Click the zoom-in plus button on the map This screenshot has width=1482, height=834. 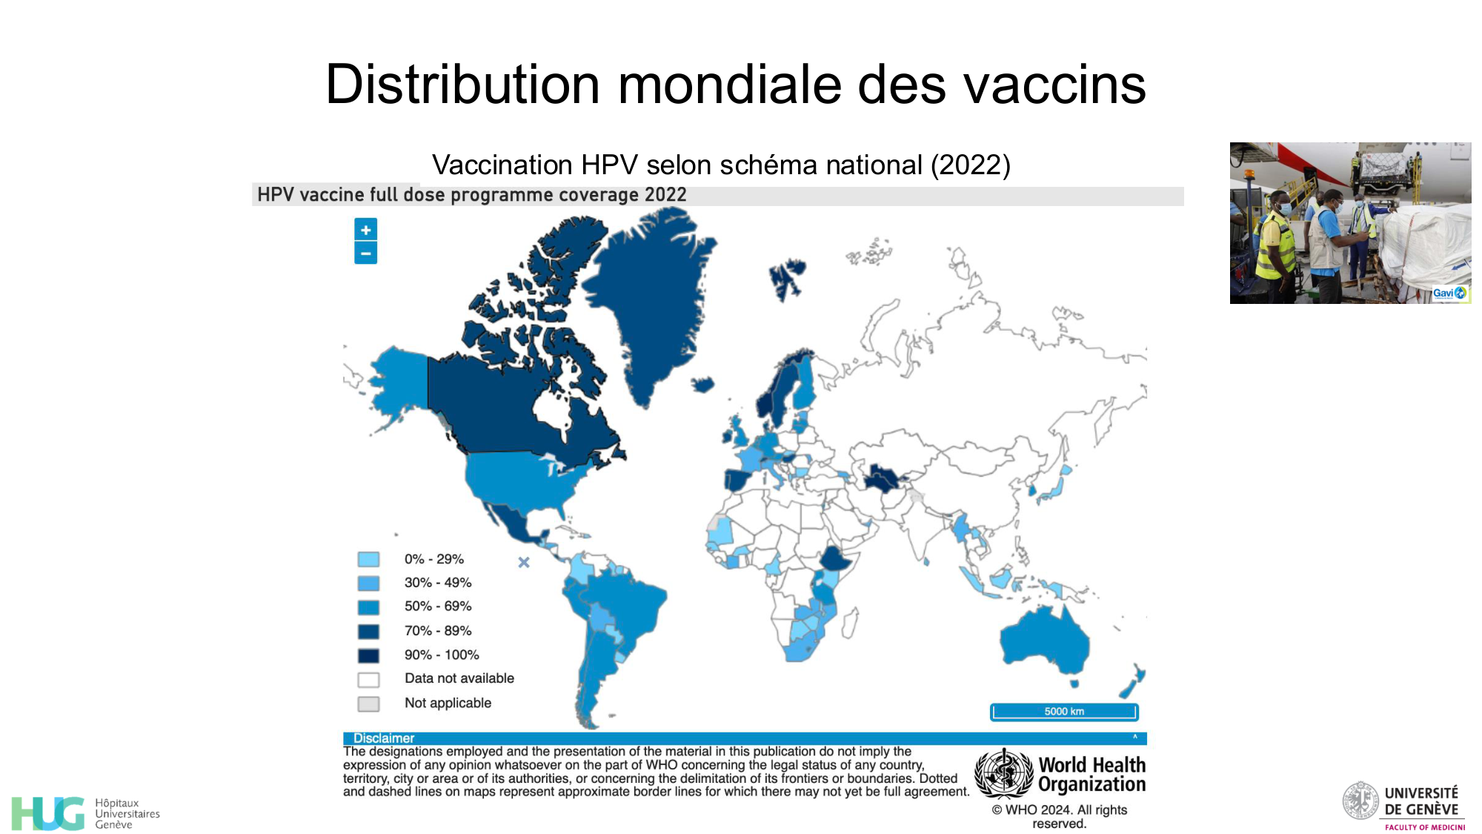click(365, 230)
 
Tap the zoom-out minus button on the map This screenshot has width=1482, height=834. click(365, 254)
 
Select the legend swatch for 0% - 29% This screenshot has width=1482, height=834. click(368, 559)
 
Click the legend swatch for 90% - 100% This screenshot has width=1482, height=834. click(368, 655)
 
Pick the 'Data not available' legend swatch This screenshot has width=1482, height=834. click(368, 679)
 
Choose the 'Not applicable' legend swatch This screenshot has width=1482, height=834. click(368, 704)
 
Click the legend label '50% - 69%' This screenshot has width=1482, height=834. click(438, 606)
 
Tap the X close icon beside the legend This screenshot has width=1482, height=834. click(524, 563)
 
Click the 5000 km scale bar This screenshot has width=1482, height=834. click(1064, 712)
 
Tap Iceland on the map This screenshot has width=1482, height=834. click(702, 385)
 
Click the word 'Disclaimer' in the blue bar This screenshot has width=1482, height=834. click(384, 738)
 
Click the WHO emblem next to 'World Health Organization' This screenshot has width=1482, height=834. click(1003, 773)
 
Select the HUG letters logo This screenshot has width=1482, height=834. click(48, 813)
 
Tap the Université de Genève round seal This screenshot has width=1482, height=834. click(1361, 801)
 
